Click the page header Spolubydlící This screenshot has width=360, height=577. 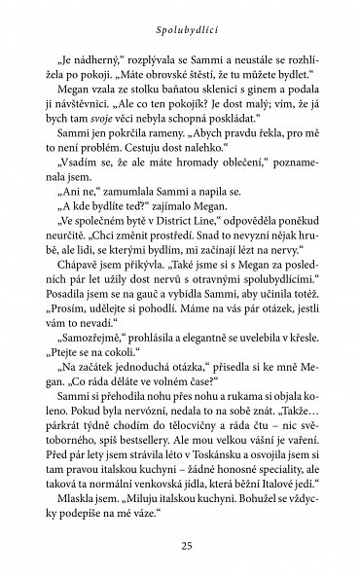point(180,19)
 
